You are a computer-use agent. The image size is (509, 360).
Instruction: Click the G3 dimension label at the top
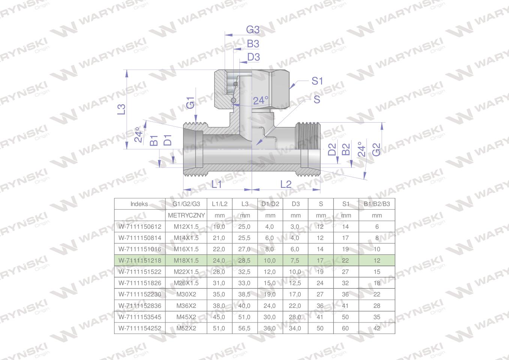(x=253, y=30)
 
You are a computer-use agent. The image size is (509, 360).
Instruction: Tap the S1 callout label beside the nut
(x=317, y=81)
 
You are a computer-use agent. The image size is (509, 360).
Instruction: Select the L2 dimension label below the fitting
(x=286, y=184)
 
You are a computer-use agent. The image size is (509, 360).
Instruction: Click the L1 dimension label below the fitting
(x=216, y=184)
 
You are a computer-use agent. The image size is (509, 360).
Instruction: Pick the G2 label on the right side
(x=376, y=150)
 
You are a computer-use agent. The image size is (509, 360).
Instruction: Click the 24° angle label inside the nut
(x=261, y=100)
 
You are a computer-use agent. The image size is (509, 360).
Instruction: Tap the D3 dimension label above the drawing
(x=253, y=57)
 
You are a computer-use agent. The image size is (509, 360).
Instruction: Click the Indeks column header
(x=139, y=204)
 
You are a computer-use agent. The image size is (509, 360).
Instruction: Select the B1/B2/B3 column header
(x=377, y=204)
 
